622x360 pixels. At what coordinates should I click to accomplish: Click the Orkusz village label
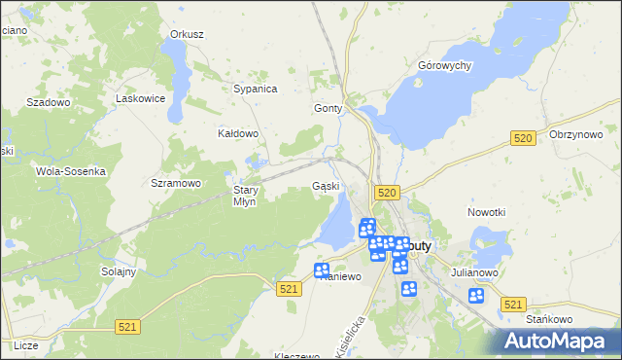[x=187, y=34]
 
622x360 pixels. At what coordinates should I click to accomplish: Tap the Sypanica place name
[x=256, y=89]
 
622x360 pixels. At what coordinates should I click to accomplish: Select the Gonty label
[x=328, y=109]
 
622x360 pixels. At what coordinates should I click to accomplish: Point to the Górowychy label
[x=444, y=65]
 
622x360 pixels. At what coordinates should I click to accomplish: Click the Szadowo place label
[x=49, y=101]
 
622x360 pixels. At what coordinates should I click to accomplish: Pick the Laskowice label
[x=137, y=98]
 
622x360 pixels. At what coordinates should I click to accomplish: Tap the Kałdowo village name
[x=238, y=133]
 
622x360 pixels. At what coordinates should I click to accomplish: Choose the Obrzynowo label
[x=576, y=134]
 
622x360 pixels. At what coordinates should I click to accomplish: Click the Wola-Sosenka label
[x=70, y=170]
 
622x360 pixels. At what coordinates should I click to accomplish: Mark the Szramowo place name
[x=176, y=183]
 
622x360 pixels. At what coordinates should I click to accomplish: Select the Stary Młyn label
[x=244, y=196]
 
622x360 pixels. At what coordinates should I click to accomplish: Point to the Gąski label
[x=326, y=186]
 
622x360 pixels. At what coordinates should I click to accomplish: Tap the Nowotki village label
[x=487, y=212]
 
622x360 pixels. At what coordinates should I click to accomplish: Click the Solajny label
[x=118, y=271]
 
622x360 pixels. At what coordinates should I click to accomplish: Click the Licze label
[x=26, y=345]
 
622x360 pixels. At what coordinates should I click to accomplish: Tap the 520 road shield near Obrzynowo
[x=523, y=139]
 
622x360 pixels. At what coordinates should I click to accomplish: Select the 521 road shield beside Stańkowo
[x=514, y=305]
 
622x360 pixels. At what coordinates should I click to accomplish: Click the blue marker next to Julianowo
[x=475, y=296]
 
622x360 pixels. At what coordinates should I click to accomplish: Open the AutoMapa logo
[x=562, y=342]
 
